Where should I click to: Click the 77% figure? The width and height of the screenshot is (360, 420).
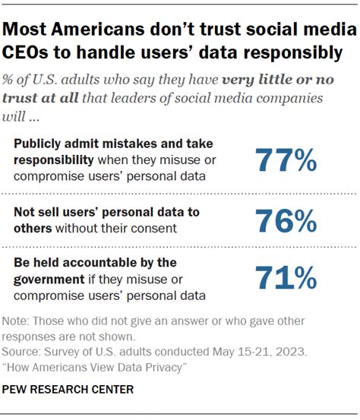click(285, 161)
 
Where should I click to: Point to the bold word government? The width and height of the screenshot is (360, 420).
click(53, 278)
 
